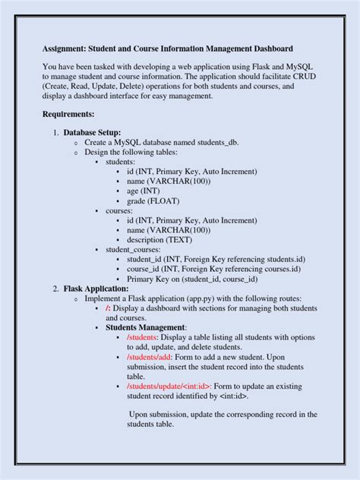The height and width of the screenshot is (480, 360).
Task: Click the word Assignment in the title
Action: point(69,49)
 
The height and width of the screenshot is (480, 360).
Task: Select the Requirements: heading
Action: point(68,114)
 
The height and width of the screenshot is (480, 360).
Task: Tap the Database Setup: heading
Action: point(92,133)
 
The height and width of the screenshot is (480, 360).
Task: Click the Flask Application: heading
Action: point(96,289)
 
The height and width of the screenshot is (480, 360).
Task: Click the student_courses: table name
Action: point(135,250)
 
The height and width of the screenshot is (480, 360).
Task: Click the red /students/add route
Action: point(149,356)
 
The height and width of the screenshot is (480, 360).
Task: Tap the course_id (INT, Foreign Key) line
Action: point(213,269)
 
